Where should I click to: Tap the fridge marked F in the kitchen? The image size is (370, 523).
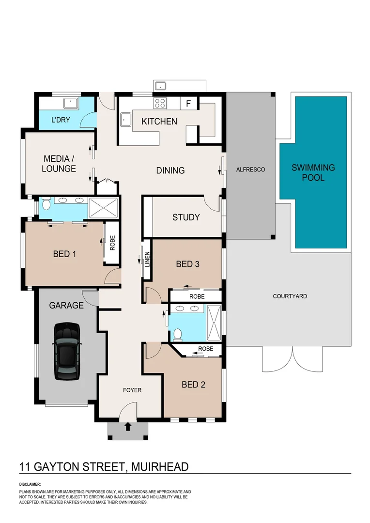coord(188,103)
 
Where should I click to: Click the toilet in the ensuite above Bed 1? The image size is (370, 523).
coord(45,203)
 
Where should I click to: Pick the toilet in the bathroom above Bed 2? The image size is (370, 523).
coord(178,334)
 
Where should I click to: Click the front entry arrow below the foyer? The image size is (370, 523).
coord(128,427)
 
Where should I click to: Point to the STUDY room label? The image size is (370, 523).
coord(186,217)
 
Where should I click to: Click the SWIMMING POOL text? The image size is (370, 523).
coord(313,173)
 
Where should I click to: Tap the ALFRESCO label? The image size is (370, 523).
coord(249,169)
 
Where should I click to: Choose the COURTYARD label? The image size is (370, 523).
coord(290,296)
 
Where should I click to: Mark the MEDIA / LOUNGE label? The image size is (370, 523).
coord(59,164)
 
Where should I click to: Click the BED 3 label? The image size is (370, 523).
coord(187,264)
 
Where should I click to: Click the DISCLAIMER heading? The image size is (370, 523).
coord(30,484)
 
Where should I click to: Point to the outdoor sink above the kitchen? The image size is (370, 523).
coord(160,86)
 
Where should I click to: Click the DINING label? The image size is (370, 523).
coord(170,170)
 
